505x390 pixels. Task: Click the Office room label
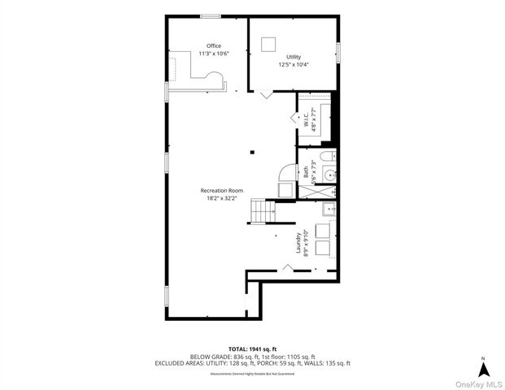214,45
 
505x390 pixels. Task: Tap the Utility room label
294,57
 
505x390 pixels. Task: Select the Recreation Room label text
222,190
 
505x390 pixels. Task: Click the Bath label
307,171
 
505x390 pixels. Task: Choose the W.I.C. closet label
305,119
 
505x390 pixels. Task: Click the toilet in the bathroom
325,156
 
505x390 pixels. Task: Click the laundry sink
329,210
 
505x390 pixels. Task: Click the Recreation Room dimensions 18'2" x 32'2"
222,197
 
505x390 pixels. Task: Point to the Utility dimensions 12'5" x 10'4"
294,64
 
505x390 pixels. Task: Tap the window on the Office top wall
211,15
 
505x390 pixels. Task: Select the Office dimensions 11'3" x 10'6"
214,54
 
